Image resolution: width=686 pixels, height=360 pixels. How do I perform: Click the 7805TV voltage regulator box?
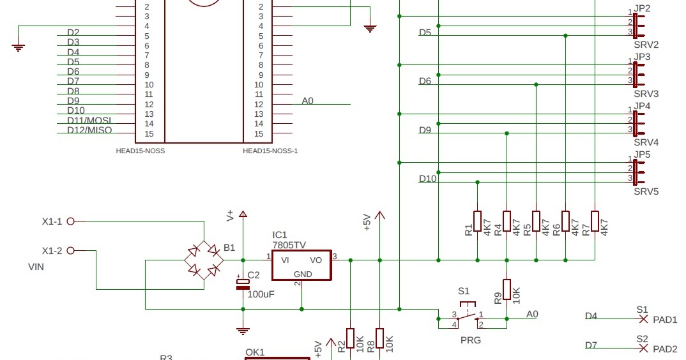pyautogui.click(x=301, y=265)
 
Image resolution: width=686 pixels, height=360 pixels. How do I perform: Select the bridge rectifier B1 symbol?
pyautogui.click(x=204, y=260)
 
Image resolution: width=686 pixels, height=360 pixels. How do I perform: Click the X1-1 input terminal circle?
pyautogui.click(x=71, y=221)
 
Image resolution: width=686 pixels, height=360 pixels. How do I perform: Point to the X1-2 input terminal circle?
pyautogui.click(x=71, y=250)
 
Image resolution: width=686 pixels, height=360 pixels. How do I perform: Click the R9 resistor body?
pyautogui.click(x=507, y=289)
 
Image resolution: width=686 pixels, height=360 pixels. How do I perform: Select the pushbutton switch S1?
pyautogui.click(x=468, y=313)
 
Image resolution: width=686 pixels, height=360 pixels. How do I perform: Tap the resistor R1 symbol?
pyautogui.click(x=477, y=221)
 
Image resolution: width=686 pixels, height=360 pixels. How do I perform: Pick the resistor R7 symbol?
pyautogui.click(x=595, y=221)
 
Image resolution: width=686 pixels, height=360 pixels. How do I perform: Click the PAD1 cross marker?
pyautogui.click(x=643, y=319)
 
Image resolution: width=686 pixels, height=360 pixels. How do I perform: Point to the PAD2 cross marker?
pyautogui.click(x=643, y=349)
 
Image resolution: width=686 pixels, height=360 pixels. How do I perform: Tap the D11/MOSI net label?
pyautogui.click(x=89, y=120)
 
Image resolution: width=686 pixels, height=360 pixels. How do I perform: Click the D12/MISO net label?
pyautogui.click(x=89, y=130)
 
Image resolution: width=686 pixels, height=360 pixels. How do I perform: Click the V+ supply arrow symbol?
pyautogui.click(x=242, y=214)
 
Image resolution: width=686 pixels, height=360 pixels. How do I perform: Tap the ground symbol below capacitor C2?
pyautogui.click(x=242, y=331)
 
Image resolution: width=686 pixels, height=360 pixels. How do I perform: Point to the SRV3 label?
pyautogui.click(x=646, y=94)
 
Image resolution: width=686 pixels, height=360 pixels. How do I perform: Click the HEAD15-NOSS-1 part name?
pyautogui.click(x=270, y=151)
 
